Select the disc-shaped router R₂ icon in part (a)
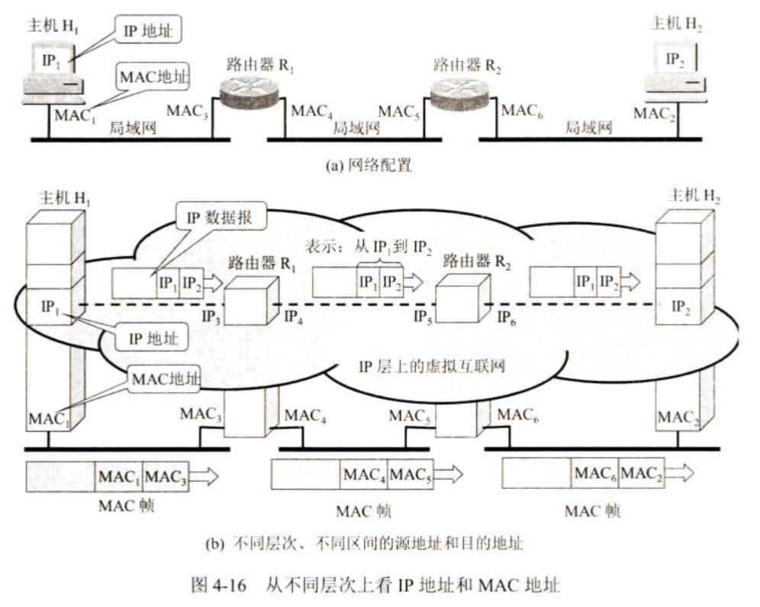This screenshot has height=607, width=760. [459, 92]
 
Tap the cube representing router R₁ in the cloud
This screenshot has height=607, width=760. [251, 301]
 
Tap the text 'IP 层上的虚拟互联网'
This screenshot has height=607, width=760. [432, 366]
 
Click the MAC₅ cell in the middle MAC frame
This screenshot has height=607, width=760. [411, 474]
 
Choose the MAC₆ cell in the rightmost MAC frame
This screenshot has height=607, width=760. [595, 474]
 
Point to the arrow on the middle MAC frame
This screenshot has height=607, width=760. [449, 474]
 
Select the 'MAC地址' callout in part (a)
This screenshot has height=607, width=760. [152, 76]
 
